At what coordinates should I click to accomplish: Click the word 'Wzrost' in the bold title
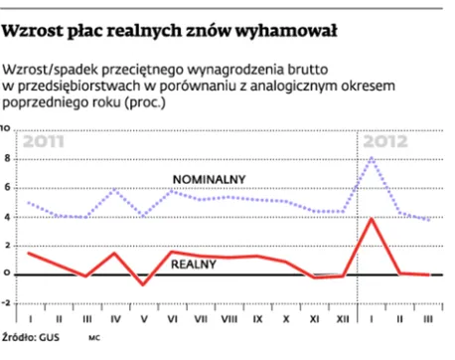point(32,31)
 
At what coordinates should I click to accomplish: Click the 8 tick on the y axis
point(7,158)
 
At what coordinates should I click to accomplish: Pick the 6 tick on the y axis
point(7,187)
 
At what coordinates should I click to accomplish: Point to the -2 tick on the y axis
point(6,302)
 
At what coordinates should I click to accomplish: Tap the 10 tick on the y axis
point(6,129)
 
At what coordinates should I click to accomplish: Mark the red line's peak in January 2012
point(372,218)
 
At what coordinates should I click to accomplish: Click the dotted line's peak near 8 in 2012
point(372,158)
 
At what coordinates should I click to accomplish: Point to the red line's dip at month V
point(144,284)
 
